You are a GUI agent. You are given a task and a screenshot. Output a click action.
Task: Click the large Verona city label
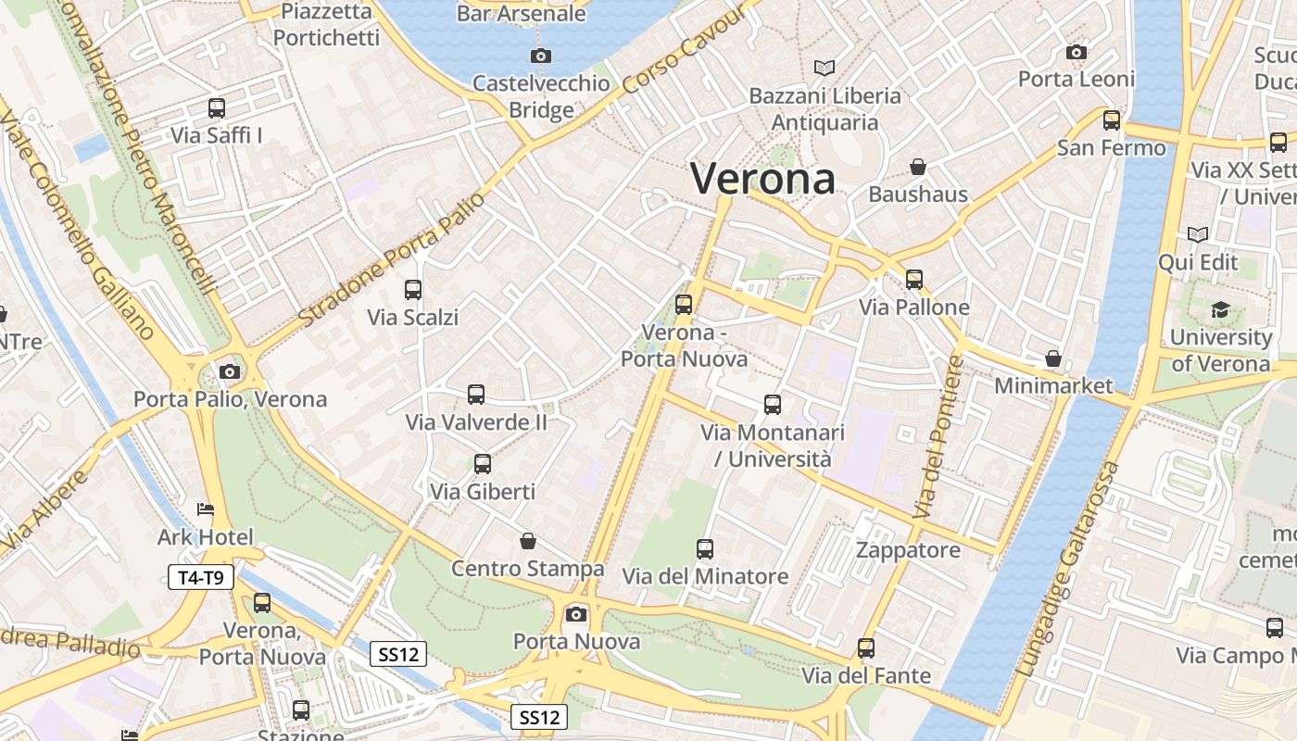762,178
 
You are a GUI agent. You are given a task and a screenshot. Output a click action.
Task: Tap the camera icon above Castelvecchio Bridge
541,56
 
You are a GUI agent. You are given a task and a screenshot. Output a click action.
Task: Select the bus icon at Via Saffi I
217,108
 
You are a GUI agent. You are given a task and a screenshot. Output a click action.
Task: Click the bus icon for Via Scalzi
413,290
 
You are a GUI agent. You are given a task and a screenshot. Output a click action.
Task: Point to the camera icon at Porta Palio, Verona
230,371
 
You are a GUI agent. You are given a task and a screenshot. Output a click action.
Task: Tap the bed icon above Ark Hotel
206,509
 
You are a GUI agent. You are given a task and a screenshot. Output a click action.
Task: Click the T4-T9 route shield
201,578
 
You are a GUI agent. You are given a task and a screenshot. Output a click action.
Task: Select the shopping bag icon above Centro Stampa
528,541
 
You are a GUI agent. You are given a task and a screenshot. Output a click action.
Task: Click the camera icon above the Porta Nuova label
576,613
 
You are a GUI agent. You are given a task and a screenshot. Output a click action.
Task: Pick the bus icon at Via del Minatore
705,548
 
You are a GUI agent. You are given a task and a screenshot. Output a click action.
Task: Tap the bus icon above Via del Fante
866,648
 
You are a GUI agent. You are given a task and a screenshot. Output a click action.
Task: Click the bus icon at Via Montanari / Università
773,405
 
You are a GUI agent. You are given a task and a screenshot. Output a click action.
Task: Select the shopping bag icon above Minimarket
1053,358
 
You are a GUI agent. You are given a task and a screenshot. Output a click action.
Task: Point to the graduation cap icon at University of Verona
1220,309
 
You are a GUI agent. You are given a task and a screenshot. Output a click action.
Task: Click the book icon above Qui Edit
1198,234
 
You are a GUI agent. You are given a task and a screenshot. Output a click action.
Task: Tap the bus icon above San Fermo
1112,120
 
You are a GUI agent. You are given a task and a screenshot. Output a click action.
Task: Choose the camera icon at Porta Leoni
1077,52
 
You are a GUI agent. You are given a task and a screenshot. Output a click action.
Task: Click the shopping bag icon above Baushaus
918,167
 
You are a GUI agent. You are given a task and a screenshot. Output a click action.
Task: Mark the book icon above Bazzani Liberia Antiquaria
825,68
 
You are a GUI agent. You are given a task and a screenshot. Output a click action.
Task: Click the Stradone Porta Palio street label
392,260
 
